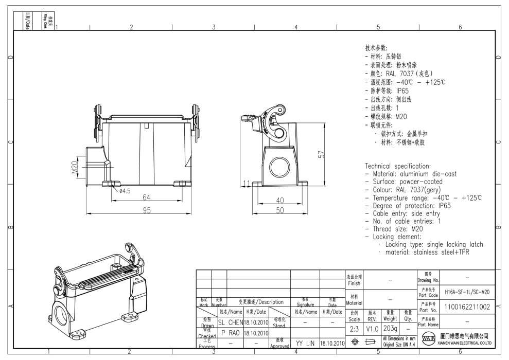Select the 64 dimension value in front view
click(x=147, y=197)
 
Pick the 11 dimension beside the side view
click(x=247, y=184)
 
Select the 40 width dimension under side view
click(x=280, y=200)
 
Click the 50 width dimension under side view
click(x=280, y=210)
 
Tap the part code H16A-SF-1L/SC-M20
click(x=467, y=292)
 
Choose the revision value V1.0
click(x=372, y=328)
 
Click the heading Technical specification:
click(x=397, y=166)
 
